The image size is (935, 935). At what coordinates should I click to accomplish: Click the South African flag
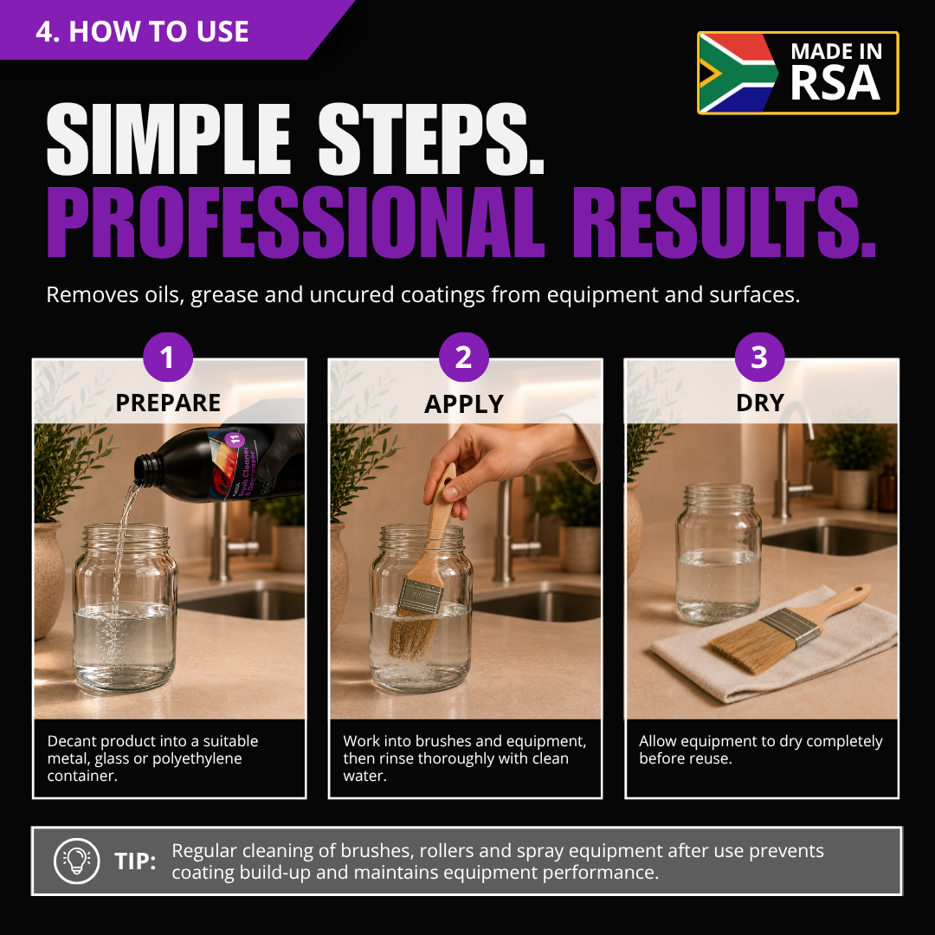738,73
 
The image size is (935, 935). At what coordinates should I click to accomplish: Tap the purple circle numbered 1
168,357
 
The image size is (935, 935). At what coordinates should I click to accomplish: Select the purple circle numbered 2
463,357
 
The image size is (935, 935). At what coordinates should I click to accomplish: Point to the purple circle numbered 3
759,357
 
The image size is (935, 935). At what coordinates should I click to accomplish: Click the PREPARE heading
168,403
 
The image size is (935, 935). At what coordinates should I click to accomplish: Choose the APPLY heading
464,404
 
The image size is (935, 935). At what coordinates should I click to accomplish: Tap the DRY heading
760,403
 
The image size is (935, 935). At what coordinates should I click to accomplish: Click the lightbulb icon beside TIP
76,861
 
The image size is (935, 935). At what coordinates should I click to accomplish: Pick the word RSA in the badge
835,83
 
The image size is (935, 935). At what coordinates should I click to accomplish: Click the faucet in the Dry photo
793,459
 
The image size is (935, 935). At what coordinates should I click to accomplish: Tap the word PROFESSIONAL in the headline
295,222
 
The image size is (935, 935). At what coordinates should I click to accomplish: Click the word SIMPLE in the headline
169,139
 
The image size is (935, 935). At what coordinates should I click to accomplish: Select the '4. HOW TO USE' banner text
142,31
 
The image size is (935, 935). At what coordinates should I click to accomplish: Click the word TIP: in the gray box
135,861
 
